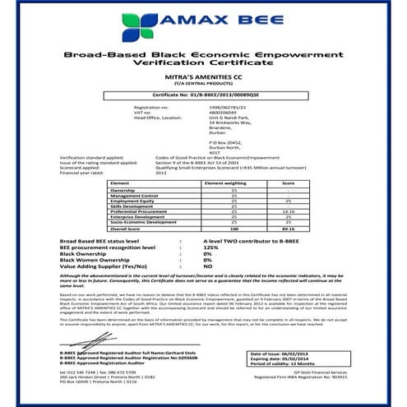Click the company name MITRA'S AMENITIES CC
coord(204,75)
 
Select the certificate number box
coord(204,96)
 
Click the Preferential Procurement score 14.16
coord(288,210)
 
